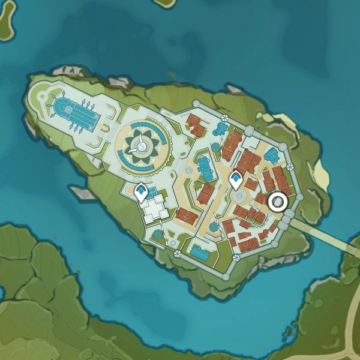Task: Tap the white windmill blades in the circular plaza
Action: click(142, 145)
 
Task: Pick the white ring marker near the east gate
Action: click(277, 202)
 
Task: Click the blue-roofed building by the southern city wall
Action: click(199, 251)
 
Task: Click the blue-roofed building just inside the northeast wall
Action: click(272, 155)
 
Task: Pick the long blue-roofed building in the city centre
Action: click(205, 168)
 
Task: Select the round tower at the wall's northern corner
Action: click(195, 104)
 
